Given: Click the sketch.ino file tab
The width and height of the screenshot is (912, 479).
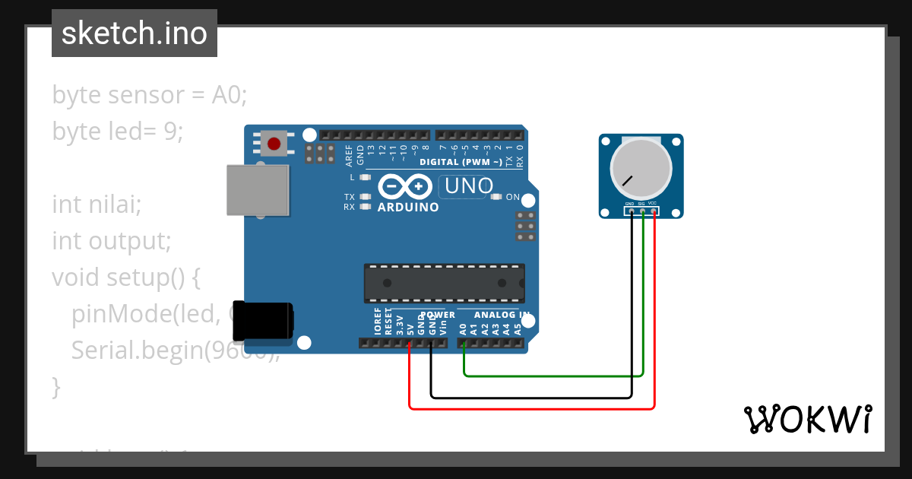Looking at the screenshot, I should tap(135, 33).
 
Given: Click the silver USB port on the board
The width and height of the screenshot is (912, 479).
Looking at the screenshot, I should tap(258, 190).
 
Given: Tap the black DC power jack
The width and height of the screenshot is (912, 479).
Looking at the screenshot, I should tap(262, 321).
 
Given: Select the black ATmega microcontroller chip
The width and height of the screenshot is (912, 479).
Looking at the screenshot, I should tap(444, 283).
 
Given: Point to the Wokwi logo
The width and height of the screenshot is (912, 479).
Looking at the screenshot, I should tap(807, 419).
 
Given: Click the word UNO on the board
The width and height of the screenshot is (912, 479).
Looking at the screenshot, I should tap(469, 186).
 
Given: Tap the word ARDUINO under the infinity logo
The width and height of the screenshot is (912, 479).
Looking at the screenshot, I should tap(408, 207).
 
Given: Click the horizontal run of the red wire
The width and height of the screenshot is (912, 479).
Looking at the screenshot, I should tap(532, 408).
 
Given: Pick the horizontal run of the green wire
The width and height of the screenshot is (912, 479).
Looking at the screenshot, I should tap(553, 375).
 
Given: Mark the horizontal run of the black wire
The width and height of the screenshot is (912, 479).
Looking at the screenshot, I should tap(532, 397).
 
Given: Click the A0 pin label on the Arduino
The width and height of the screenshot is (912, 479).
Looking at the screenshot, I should tap(463, 329).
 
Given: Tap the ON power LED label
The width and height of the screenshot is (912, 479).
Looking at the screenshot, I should tap(513, 198).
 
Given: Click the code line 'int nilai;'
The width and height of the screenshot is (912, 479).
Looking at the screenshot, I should tap(97, 205).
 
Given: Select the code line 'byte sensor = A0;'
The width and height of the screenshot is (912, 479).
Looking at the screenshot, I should tap(150, 95).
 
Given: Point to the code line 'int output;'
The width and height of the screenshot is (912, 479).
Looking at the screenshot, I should tap(111, 241).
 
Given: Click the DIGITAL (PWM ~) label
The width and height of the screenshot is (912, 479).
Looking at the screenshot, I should tap(461, 162).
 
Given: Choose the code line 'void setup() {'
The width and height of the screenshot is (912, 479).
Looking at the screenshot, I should tap(125, 278).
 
